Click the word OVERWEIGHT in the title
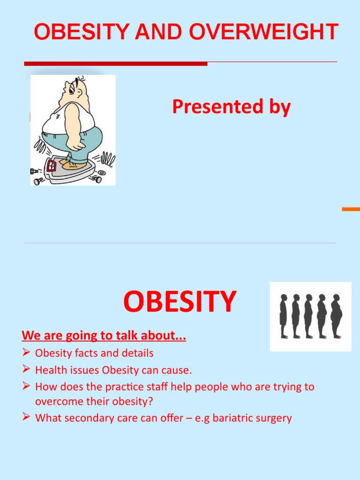coord(264,32)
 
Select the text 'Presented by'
coord(231,107)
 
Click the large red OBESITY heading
coord(180,302)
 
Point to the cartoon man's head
coord(75,90)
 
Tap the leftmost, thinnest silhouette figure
coord(284,316)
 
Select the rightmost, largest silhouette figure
coord(336,316)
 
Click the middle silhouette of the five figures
coord(308,316)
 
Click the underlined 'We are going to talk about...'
coord(104,336)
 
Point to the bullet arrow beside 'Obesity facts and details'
coord(26,352)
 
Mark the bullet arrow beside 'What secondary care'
coord(26,417)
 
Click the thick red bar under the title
coord(115,64)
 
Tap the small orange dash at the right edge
coord(351,209)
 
